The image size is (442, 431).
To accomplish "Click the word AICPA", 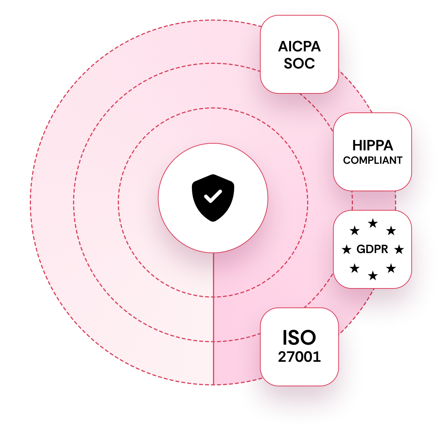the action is [x=299, y=47].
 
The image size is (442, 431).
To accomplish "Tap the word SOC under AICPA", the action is [x=299, y=63].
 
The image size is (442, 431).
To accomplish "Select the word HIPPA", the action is [x=373, y=145].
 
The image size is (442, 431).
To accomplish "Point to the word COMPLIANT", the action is [x=373, y=160].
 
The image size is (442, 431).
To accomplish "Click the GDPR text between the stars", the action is [x=372, y=249].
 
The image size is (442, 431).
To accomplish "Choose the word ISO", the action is [x=299, y=338].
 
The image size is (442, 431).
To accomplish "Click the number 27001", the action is [x=299, y=357].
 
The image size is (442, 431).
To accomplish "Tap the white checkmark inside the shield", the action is [x=213, y=196].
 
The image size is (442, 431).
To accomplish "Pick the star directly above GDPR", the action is [x=373, y=223].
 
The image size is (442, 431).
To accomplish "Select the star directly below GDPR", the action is [x=373, y=276].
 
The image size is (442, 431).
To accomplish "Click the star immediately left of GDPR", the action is [x=347, y=249].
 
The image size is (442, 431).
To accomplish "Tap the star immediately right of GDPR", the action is [x=399, y=249].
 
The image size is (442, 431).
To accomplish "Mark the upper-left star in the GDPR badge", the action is [x=354, y=231].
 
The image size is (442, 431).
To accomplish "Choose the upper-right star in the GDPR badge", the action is [x=391, y=231].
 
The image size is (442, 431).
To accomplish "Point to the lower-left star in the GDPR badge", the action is [x=354, y=268].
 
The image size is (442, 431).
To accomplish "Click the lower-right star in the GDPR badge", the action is [x=391, y=268].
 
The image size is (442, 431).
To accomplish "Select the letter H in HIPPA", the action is [x=357, y=145].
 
